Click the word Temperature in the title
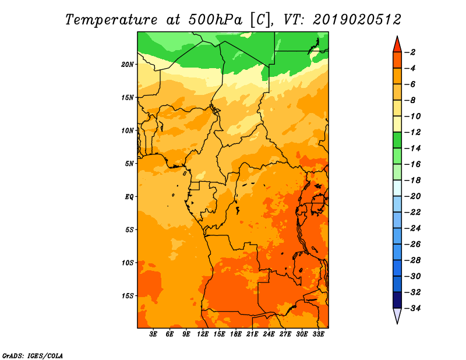tap(111, 20)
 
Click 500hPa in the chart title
tap(215, 20)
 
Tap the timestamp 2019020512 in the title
tap(357, 20)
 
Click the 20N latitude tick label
tap(128, 65)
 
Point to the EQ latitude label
tap(129, 197)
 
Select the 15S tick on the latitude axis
tap(128, 296)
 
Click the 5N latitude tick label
tap(129, 164)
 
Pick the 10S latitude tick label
tap(128, 263)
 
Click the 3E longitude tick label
tap(153, 334)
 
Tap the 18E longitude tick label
tap(236, 334)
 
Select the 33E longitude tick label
tap(318, 334)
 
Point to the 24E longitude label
tap(269, 334)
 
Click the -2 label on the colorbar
tap(411, 52)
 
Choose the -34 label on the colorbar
tap(413, 308)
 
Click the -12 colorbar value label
tap(413, 132)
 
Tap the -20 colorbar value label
tap(413, 196)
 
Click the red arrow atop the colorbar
tap(397, 45)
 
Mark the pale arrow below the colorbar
tap(397, 315)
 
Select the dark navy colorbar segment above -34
tap(397, 300)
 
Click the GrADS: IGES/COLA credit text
tap(33, 356)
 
